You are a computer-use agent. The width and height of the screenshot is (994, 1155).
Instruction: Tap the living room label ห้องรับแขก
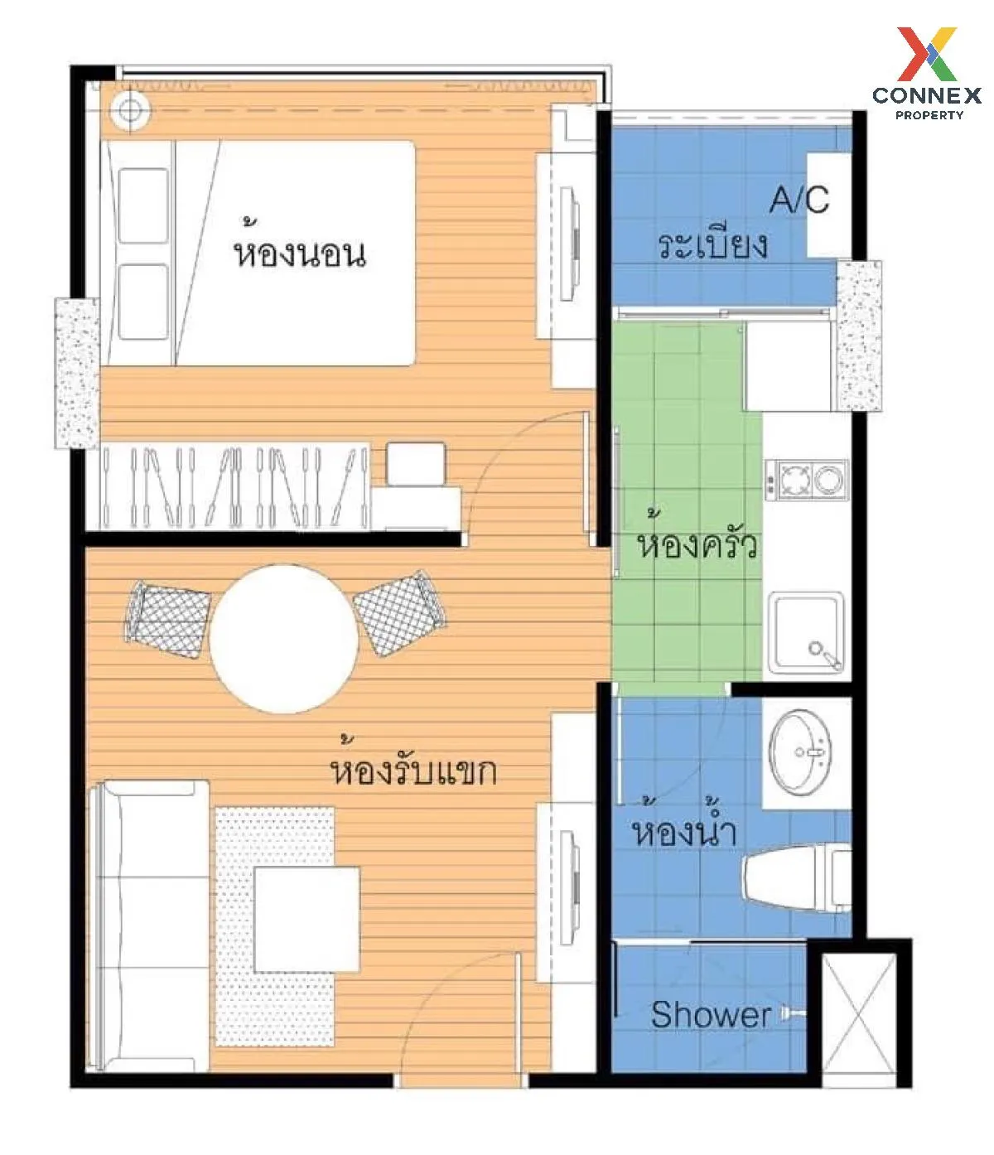coord(413,765)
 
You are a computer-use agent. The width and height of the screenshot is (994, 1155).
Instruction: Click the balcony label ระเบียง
coord(712,244)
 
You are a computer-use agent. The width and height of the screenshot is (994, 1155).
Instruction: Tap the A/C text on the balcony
coord(799,200)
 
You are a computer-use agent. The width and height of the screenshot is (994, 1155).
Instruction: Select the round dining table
coord(284,639)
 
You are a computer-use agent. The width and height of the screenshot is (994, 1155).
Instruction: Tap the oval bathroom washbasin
coord(801,751)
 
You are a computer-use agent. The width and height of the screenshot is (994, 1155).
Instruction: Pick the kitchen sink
coord(806,633)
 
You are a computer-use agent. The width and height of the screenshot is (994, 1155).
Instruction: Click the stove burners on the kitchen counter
coord(806,478)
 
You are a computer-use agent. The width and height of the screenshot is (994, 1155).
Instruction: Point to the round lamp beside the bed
coord(129,110)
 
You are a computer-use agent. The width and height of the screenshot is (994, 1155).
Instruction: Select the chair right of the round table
coord(399,613)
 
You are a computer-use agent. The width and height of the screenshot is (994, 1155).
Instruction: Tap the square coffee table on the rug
coord(306,919)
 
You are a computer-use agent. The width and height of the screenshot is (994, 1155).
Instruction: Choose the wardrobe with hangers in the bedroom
coord(234,486)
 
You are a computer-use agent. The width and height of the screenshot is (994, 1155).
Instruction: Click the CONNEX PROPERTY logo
coord(926,73)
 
